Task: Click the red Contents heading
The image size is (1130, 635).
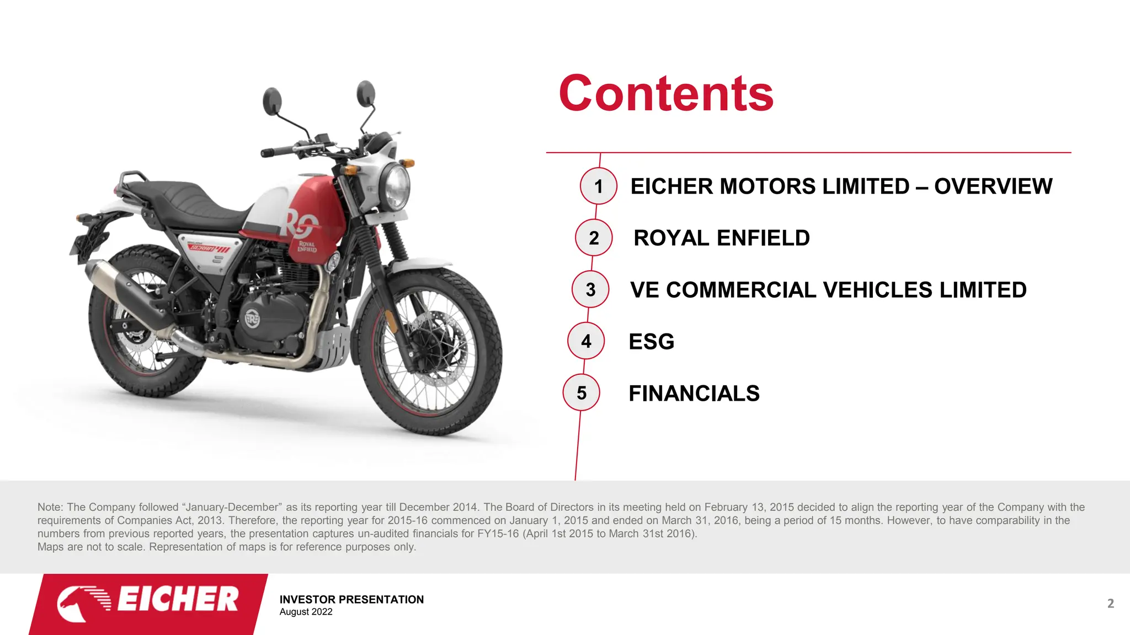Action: click(666, 94)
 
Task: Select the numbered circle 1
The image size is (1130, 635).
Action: click(599, 186)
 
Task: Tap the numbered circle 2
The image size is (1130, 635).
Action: click(594, 238)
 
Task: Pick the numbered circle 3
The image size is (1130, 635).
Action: click(590, 289)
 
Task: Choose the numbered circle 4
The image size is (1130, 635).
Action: click(586, 341)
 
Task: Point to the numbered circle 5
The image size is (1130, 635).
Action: click(582, 393)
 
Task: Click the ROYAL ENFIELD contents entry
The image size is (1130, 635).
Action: click(721, 238)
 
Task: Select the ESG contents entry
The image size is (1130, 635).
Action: click(651, 342)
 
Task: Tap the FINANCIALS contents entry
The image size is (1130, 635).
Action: click(694, 394)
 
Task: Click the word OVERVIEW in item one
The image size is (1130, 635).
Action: click(993, 186)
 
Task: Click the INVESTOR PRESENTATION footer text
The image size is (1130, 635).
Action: click(351, 599)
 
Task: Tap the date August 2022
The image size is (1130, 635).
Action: click(306, 612)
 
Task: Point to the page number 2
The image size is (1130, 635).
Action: click(1110, 604)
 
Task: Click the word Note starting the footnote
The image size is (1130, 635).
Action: click(50, 507)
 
